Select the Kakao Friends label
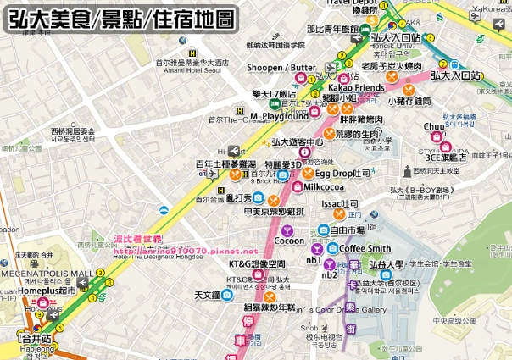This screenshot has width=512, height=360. click(356, 87)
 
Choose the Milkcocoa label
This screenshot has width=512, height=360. click(325, 186)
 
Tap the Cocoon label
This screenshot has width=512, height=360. click(289, 241)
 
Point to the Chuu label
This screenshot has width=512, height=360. click(433, 126)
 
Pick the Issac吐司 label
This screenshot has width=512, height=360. click(339, 204)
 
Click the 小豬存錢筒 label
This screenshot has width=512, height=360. click(410, 101)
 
